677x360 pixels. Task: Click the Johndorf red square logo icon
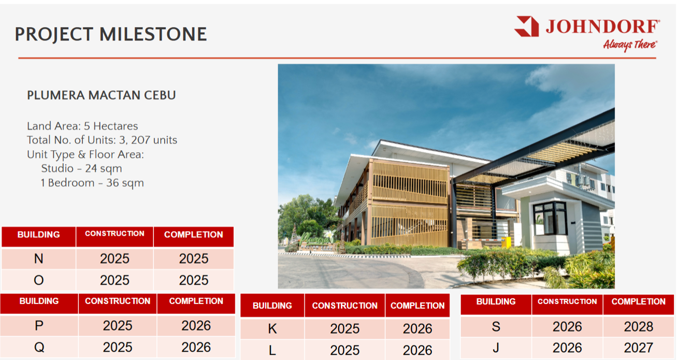[x=527, y=26]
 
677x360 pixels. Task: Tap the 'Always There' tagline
[x=630, y=45]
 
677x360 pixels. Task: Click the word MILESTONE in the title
[x=153, y=34]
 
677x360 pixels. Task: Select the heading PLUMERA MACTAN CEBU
[x=101, y=95]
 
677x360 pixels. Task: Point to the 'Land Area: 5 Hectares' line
[x=82, y=126]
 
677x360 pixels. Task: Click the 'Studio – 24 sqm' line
[x=82, y=168]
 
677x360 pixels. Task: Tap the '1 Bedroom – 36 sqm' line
[x=92, y=183]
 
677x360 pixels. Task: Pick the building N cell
[x=39, y=259]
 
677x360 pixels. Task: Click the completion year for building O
[x=194, y=280]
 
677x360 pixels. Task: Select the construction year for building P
[x=118, y=325]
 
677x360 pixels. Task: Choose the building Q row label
[x=39, y=347]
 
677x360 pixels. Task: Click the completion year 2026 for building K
[x=417, y=328]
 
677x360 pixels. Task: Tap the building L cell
[x=272, y=350]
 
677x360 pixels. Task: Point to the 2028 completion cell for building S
[x=639, y=326]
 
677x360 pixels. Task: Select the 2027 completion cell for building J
[x=639, y=348]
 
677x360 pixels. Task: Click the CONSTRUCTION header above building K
[x=345, y=306]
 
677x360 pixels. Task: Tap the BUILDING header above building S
[x=496, y=301]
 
